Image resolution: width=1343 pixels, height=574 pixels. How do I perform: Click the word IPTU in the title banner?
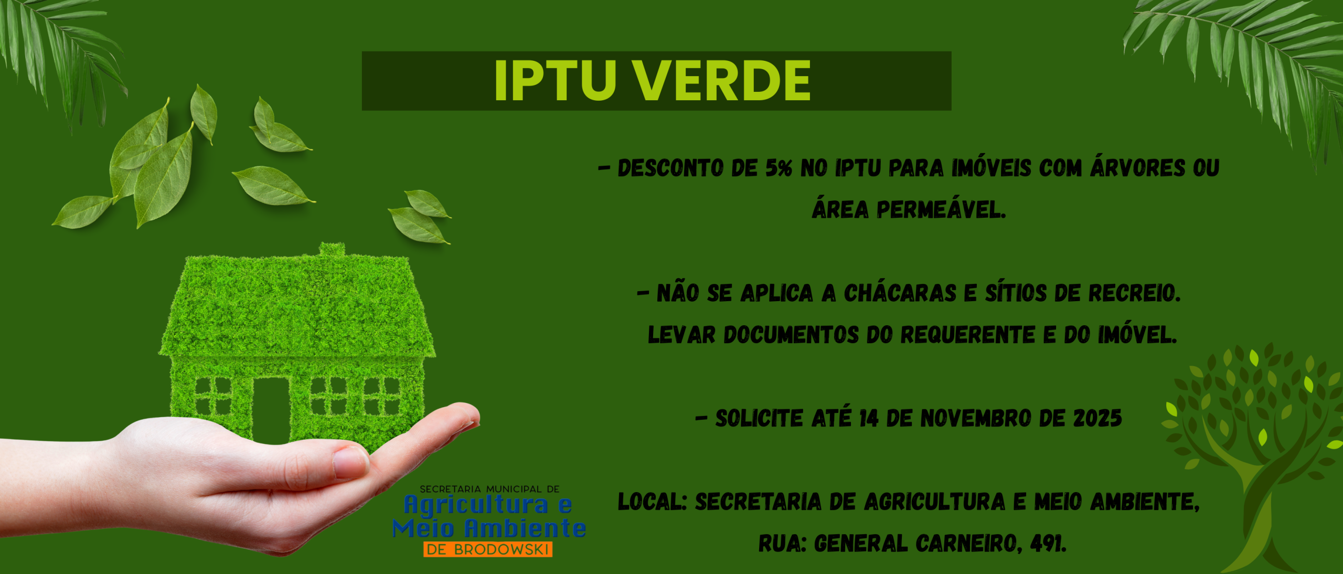pos(555,81)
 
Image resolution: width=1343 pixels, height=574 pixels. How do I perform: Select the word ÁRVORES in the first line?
pos(1137,168)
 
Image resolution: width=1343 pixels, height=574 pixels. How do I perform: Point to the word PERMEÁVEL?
pos(941,210)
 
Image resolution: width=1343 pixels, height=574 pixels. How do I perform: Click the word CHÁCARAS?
pos(900,293)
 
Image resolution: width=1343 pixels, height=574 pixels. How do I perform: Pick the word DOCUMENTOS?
pos(791,335)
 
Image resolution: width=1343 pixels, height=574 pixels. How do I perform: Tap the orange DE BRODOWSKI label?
pos(487,549)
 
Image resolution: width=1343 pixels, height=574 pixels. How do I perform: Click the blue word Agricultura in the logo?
pos(476,505)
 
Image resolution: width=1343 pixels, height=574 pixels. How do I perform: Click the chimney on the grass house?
pos(332,250)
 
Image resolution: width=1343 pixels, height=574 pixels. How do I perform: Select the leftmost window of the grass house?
pos(212,396)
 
